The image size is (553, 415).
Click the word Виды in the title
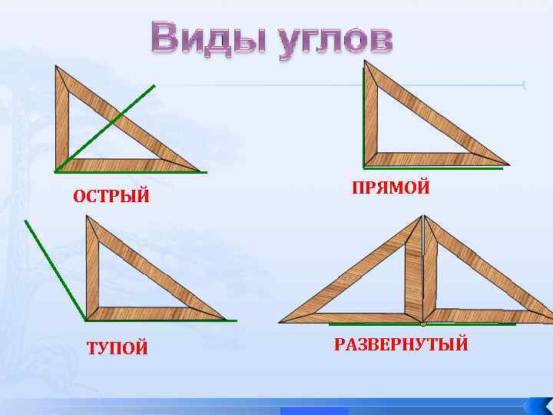pyautogui.click(x=200, y=39)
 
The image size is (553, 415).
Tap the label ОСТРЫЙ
pyautogui.click(x=111, y=198)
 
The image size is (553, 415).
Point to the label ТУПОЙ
pyautogui.click(x=118, y=350)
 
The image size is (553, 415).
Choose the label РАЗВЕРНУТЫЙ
pyautogui.click(x=401, y=344)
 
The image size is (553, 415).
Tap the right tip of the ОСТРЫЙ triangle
pyautogui.click(x=200, y=170)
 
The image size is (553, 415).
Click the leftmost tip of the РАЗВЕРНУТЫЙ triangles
pyautogui.click(x=281, y=320)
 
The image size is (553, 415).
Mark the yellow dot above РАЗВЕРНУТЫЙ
pyautogui.click(x=422, y=324)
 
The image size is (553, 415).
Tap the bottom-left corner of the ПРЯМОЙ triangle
pyautogui.click(x=366, y=164)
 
